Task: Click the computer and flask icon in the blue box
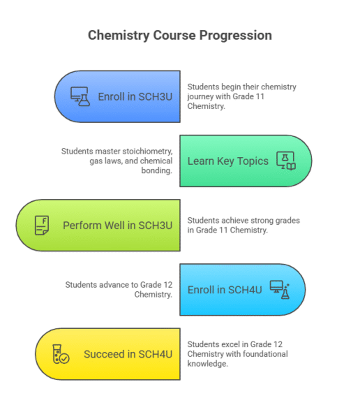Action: pyautogui.click(x=80, y=96)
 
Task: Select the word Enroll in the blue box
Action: pyautogui.click(x=111, y=97)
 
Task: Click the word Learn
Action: pyautogui.click(x=201, y=161)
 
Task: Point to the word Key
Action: pyautogui.click(x=225, y=161)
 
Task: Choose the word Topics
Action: pyautogui.click(x=253, y=161)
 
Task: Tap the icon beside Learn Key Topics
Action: pyautogui.click(x=286, y=161)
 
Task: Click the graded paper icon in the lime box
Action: pyautogui.click(x=42, y=226)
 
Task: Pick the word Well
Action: pyautogui.click(x=116, y=226)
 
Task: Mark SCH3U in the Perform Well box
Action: pyautogui.click(x=155, y=226)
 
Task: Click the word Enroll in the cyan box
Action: pyautogui.click(x=201, y=290)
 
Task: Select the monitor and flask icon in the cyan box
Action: pyautogui.click(x=280, y=290)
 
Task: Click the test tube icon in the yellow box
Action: pyautogui.click(x=57, y=354)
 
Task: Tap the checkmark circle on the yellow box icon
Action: pyautogui.click(x=64, y=358)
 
